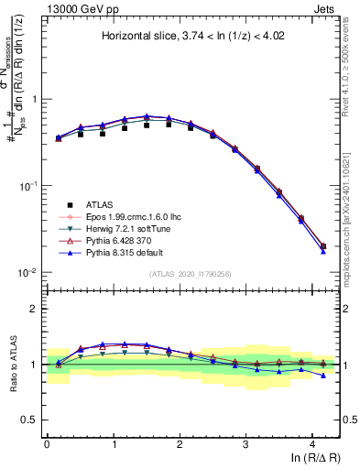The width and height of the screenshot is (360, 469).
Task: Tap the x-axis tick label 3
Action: pos(245,443)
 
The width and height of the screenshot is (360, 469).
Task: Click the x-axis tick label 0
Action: pos(47,443)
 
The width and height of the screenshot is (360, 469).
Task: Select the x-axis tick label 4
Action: pos(312,443)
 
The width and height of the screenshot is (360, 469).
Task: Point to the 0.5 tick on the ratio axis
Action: pos(29,420)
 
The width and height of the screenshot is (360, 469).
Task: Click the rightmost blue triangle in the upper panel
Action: pos(323,251)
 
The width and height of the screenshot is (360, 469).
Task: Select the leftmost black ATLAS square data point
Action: pos(59,138)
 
